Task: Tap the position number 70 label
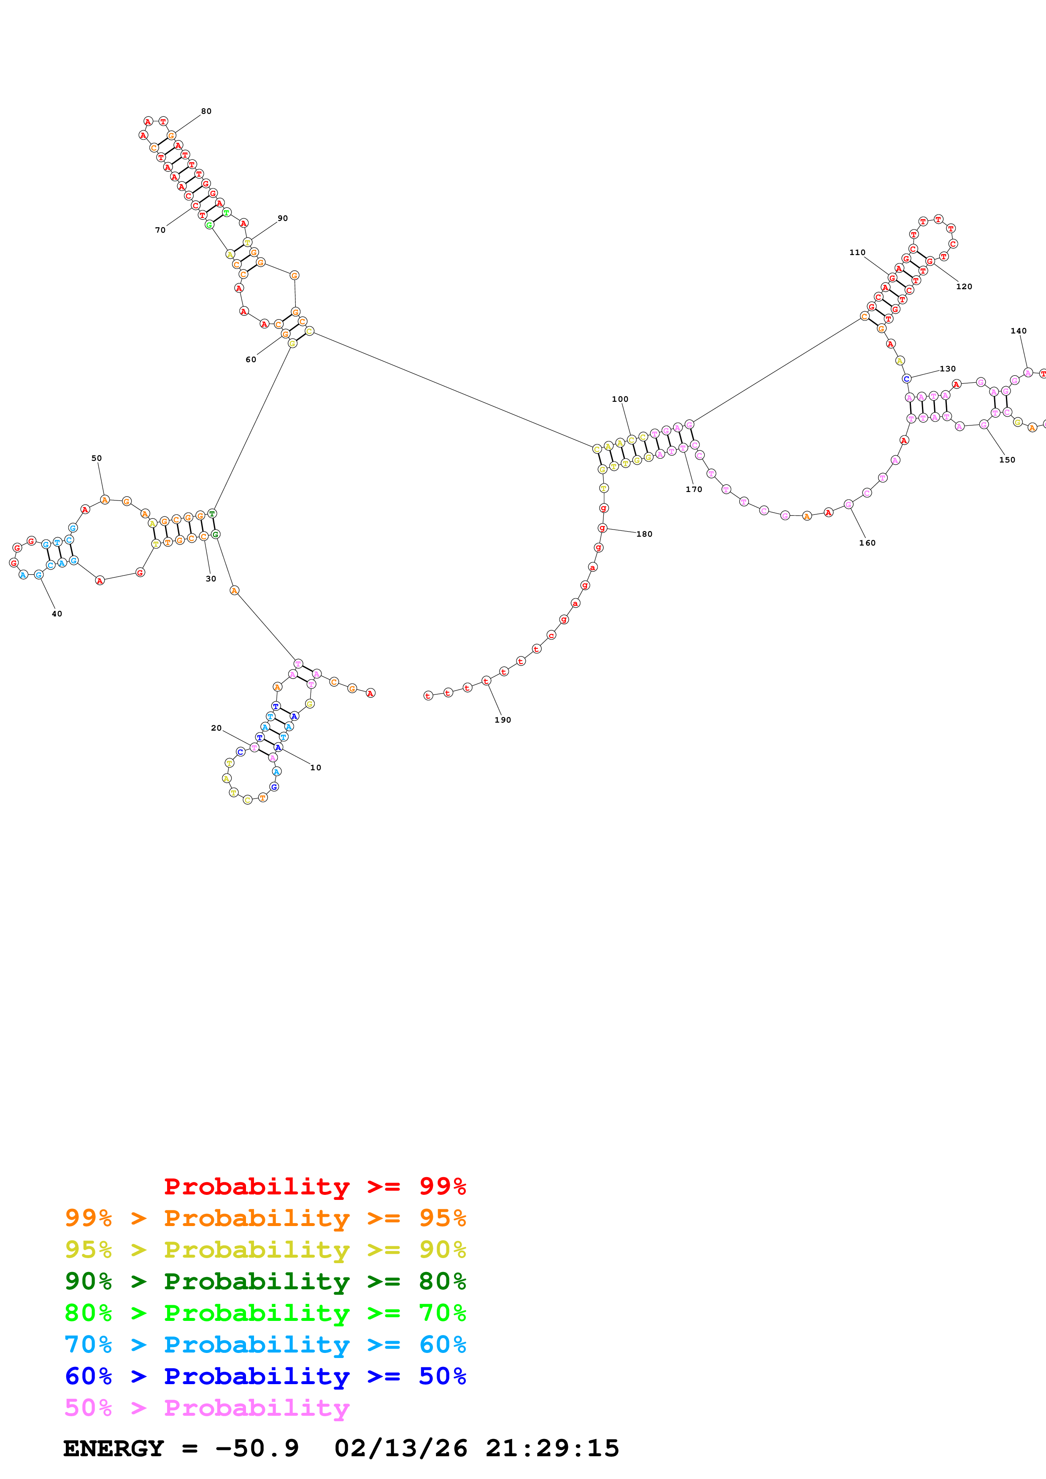(160, 230)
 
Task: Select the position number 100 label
(619, 399)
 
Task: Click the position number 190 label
(502, 720)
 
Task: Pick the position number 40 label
(57, 614)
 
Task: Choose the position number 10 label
(315, 768)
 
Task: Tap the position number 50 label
(96, 459)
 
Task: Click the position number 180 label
(644, 534)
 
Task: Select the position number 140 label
(1018, 331)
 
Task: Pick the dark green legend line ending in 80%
(265, 1281)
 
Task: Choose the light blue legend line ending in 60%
(265, 1345)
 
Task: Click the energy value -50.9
(257, 1448)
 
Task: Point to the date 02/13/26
(400, 1448)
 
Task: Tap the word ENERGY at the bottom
(114, 1448)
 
